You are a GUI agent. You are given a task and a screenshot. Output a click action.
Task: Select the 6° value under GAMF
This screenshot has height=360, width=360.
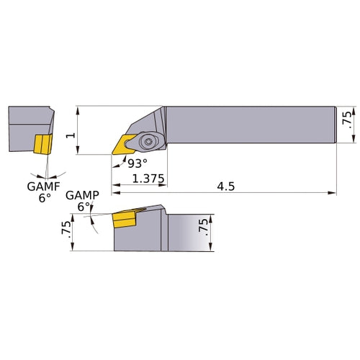click(x=45, y=197)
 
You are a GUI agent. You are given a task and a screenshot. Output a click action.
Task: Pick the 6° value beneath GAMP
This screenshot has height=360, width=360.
click(x=84, y=207)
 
